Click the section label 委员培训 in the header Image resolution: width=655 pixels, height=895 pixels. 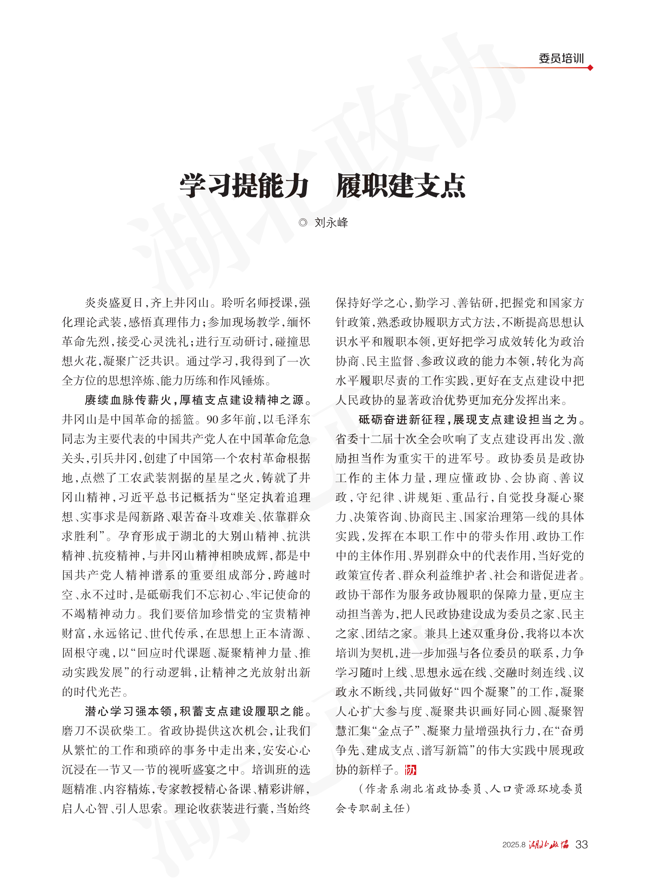561,59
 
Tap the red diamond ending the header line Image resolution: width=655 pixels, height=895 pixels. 590,68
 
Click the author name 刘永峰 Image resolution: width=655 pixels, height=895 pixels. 331,223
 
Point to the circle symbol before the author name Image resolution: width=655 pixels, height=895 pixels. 303,223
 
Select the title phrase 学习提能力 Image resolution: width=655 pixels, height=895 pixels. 244,186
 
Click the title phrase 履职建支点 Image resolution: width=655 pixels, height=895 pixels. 401,186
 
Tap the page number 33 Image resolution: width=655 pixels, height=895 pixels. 581,845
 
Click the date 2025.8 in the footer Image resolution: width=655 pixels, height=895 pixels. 513,845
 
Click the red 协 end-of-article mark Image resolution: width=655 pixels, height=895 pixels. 410,770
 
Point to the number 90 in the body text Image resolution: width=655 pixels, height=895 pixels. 213,419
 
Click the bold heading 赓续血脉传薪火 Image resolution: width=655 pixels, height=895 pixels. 128,400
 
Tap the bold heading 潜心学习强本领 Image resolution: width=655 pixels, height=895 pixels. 128,711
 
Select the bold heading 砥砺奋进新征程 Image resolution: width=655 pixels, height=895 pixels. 402,419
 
